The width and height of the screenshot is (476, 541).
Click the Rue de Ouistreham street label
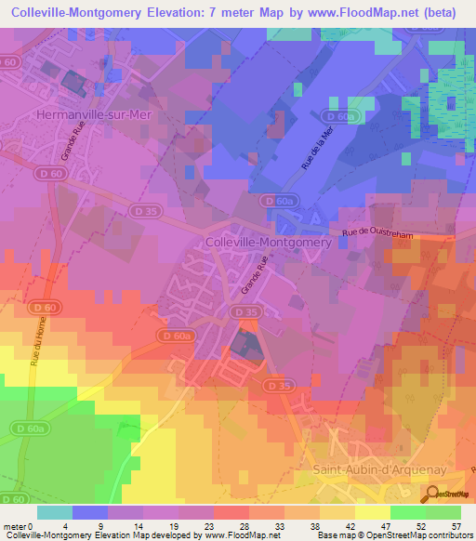click(377, 236)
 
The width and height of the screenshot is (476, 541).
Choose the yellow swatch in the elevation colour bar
click(371, 512)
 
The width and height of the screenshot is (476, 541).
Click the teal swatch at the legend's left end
click(54, 512)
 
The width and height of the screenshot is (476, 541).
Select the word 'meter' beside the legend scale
click(16, 526)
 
